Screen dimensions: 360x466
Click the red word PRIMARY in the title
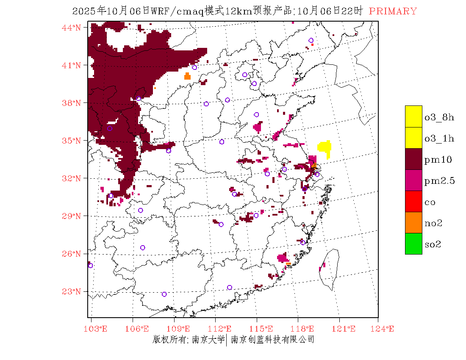(393, 11)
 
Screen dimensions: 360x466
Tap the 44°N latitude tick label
(72, 28)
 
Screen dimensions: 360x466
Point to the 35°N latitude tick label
(72, 141)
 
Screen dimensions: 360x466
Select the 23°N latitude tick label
(72, 291)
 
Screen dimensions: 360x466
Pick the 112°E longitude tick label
(222, 329)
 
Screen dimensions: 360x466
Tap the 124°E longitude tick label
(385, 329)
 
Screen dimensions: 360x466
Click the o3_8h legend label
(439, 117)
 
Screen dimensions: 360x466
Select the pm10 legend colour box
(413, 159)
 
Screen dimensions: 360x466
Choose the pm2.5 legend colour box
(413, 180)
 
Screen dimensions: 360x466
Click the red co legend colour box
(413, 202)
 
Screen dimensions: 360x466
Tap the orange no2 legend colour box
(413, 223)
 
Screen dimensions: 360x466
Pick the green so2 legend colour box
(413, 244)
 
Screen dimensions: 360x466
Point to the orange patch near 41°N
(187, 76)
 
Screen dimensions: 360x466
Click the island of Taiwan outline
(330, 267)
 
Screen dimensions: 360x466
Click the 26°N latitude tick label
(72, 254)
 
